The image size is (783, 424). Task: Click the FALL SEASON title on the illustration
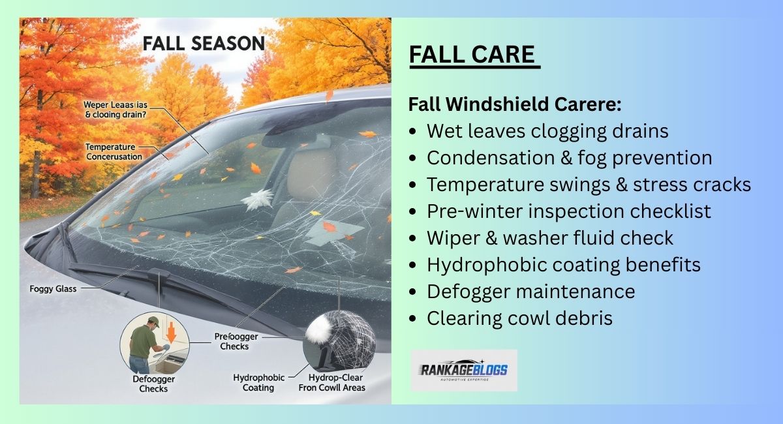[x=204, y=44]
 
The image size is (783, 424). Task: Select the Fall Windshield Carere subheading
[x=515, y=104]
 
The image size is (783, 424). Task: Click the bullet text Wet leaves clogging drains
[x=547, y=131]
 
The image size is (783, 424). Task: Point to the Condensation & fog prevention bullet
[x=569, y=158]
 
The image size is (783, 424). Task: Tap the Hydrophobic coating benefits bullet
[x=564, y=265]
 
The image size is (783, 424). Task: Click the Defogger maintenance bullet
[x=530, y=291]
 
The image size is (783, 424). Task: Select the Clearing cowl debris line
[x=519, y=318]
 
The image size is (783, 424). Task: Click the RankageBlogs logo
[x=464, y=371]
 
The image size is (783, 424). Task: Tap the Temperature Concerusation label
[x=113, y=152]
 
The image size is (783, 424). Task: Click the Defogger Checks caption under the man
[x=153, y=384]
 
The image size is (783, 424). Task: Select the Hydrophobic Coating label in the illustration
[x=258, y=382]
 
